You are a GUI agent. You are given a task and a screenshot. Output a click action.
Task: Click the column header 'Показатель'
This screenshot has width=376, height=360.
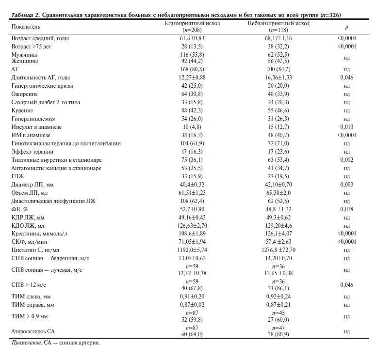(27, 26)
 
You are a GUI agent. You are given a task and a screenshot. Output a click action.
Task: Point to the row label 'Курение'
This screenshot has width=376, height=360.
(22, 110)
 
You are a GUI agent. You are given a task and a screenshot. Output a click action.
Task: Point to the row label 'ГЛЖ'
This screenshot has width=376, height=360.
(18, 177)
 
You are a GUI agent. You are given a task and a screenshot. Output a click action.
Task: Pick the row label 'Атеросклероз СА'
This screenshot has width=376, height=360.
(33, 331)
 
